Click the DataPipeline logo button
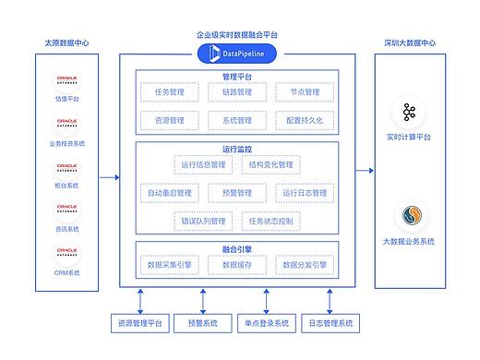[237, 54]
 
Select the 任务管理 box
[170, 92]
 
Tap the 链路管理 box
[237, 92]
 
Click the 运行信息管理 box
[203, 165]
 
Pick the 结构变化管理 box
[270, 165]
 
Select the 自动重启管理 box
[170, 193]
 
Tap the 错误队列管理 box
[203, 222]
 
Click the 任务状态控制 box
[270, 222]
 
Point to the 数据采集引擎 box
[170, 265]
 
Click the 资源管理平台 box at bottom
[139, 323]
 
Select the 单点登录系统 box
[267, 323]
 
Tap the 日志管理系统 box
[330, 323]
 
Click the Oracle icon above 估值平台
[66, 78]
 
